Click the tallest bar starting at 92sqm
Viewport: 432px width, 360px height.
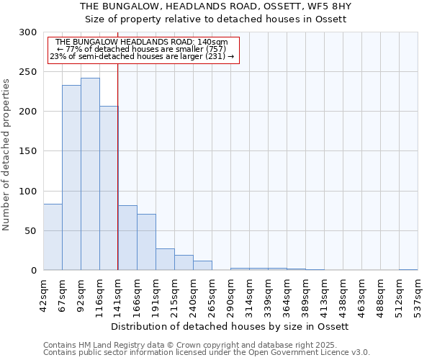click(90, 174)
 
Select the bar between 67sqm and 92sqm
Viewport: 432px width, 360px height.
click(71, 178)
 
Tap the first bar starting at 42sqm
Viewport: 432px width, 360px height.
click(53, 237)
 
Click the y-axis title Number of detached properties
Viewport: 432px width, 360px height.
click(6, 155)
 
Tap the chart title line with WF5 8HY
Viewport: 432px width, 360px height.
click(216, 6)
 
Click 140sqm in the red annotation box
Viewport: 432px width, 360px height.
click(213, 42)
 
